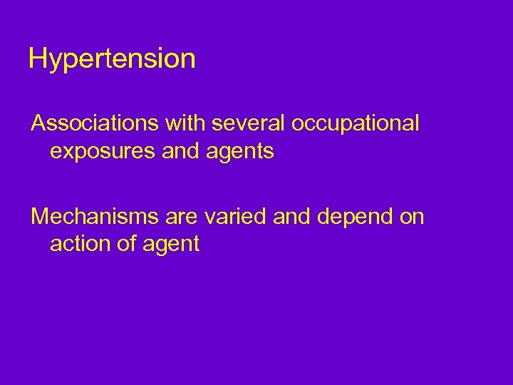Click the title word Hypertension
112,59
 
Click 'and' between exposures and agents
179,151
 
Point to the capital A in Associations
38,123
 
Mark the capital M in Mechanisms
40,216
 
